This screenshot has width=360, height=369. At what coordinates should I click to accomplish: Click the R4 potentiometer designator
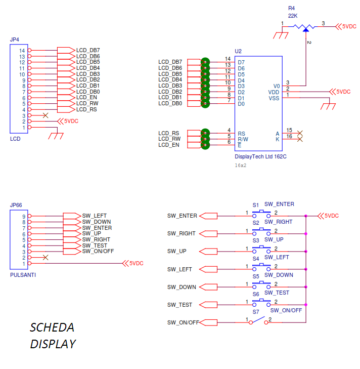click(291, 9)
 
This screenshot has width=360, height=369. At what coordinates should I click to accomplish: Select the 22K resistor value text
click(293, 16)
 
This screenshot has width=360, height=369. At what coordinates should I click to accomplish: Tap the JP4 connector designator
click(14, 39)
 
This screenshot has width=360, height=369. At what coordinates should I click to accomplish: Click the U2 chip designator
click(239, 51)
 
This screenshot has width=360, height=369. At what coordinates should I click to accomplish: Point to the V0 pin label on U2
click(276, 86)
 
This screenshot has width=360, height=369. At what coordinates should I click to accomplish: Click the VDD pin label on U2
click(274, 92)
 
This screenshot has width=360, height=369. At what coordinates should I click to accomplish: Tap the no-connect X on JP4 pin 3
click(46, 115)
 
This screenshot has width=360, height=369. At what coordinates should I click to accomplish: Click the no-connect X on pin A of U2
click(300, 133)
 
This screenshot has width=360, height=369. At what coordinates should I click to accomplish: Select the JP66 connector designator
click(16, 206)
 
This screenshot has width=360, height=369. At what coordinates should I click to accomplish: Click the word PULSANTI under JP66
click(23, 275)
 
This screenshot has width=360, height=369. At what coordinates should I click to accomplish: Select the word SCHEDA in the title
click(52, 327)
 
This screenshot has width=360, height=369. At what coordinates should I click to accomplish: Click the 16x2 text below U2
click(241, 165)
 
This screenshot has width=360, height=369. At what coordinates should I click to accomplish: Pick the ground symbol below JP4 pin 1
click(56, 135)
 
